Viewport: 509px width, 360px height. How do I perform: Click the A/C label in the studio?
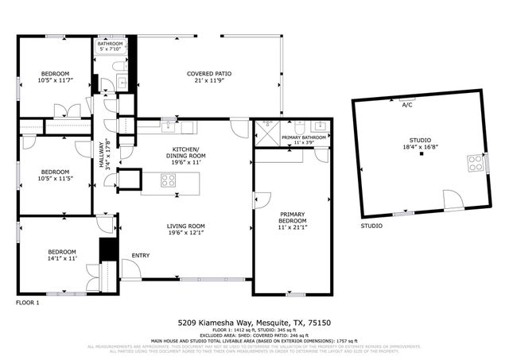pyautogui.click(x=406, y=105)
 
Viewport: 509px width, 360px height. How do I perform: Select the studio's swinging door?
pyautogui.click(x=452, y=200)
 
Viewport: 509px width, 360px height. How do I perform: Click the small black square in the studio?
pyautogui.click(x=422, y=153)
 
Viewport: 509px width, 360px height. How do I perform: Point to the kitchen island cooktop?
pyautogui.click(x=169, y=180)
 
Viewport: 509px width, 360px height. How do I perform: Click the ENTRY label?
pyautogui.click(x=141, y=254)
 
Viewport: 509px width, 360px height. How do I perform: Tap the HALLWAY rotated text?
pyautogui.click(x=101, y=151)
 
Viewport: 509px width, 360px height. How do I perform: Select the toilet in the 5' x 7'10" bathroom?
pyautogui.click(x=120, y=82)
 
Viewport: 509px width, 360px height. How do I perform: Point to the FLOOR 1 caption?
pyautogui.click(x=27, y=302)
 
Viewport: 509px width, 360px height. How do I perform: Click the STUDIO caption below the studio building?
pyautogui.click(x=371, y=226)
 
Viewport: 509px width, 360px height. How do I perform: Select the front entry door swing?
pyautogui.click(x=131, y=269)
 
